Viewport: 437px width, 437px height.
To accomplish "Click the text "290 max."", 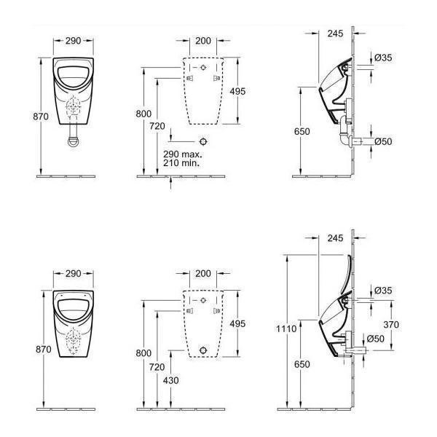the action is click(x=183, y=154).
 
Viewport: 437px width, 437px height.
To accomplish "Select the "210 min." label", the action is click(x=181, y=163).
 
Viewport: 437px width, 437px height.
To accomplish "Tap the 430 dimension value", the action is click(x=171, y=380).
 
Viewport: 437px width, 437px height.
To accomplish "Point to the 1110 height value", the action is click(x=286, y=329).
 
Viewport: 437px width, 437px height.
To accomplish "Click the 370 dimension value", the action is click(x=391, y=324).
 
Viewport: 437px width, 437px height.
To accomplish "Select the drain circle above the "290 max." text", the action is click(x=203, y=141).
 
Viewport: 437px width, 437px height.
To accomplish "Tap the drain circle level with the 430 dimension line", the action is click(x=203, y=350).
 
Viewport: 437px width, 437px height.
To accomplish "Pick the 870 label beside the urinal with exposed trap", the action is click(x=41, y=117).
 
